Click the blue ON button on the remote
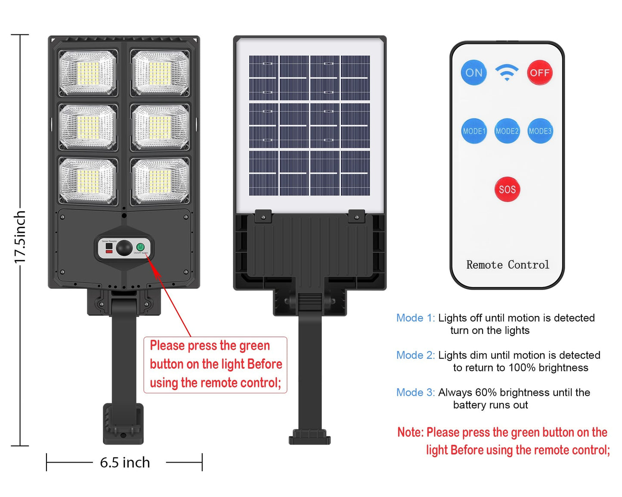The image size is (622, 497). [x=474, y=73]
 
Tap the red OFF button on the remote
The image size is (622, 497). [x=539, y=73]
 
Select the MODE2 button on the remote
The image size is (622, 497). [x=507, y=131]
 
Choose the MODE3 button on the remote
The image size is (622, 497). [x=540, y=131]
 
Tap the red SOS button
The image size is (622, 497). [x=507, y=189]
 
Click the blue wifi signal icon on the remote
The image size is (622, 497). [x=507, y=72]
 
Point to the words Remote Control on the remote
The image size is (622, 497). [x=508, y=265]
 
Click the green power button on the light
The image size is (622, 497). [x=140, y=247]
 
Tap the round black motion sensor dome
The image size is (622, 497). [x=124, y=248]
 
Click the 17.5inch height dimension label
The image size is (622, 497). [x=20, y=237]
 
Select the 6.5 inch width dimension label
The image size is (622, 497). [x=125, y=463]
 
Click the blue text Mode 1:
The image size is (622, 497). [x=415, y=318]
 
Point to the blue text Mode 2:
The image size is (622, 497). [x=415, y=355]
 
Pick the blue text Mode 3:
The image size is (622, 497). [x=415, y=392]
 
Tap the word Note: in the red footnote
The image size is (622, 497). [x=410, y=432]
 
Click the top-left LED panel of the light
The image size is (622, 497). [x=88, y=73]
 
